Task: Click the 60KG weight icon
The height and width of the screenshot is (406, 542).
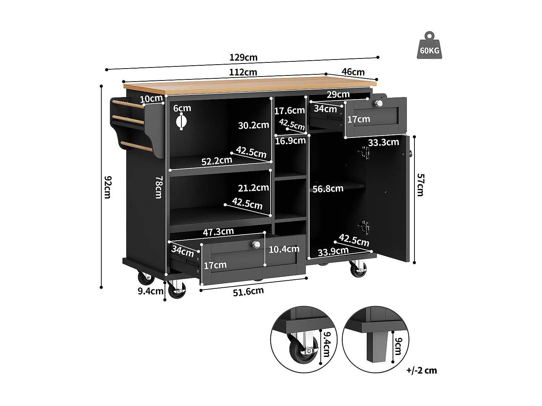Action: [429, 46]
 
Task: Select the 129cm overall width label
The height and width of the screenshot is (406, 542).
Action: [243, 57]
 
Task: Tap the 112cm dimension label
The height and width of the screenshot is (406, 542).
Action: [243, 72]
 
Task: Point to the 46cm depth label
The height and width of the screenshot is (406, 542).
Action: [353, 72]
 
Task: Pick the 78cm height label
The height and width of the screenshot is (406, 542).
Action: [159, 187]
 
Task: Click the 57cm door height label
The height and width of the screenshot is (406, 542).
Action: [421, 185]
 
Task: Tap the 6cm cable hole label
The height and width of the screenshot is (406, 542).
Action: [182, 108]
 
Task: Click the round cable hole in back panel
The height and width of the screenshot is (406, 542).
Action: [181, 122]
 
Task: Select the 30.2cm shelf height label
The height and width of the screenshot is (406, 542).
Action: [253, 125]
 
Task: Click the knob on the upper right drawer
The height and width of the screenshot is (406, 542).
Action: [378, 104]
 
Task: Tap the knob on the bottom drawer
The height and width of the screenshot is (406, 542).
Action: [256, 245]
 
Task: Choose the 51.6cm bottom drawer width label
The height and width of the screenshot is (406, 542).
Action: [248, 291]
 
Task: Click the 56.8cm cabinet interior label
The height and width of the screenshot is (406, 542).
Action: [328, 188]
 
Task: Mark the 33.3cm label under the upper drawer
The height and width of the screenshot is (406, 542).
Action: [383, 142]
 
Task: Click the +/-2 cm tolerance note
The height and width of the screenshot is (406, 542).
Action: [421, 370]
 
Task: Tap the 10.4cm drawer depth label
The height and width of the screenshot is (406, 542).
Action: [284, 249]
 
